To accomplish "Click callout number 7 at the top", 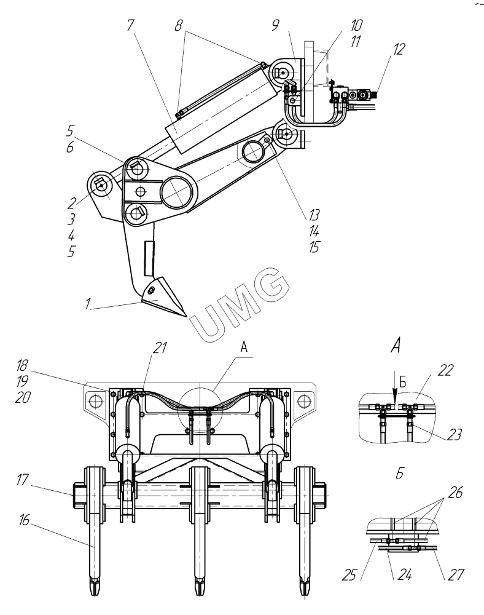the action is click(130, 25).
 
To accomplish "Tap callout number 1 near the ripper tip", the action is click(88, 304).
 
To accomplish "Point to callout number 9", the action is click(276, 25).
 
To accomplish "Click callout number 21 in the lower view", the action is click(160, 348).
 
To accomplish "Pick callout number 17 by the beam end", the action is click(23, 480).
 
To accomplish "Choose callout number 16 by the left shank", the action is click(24, 520).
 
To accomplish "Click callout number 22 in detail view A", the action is click(445, 370).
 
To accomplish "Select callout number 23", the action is click(454, 434).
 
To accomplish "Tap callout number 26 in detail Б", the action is click(455, 493).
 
